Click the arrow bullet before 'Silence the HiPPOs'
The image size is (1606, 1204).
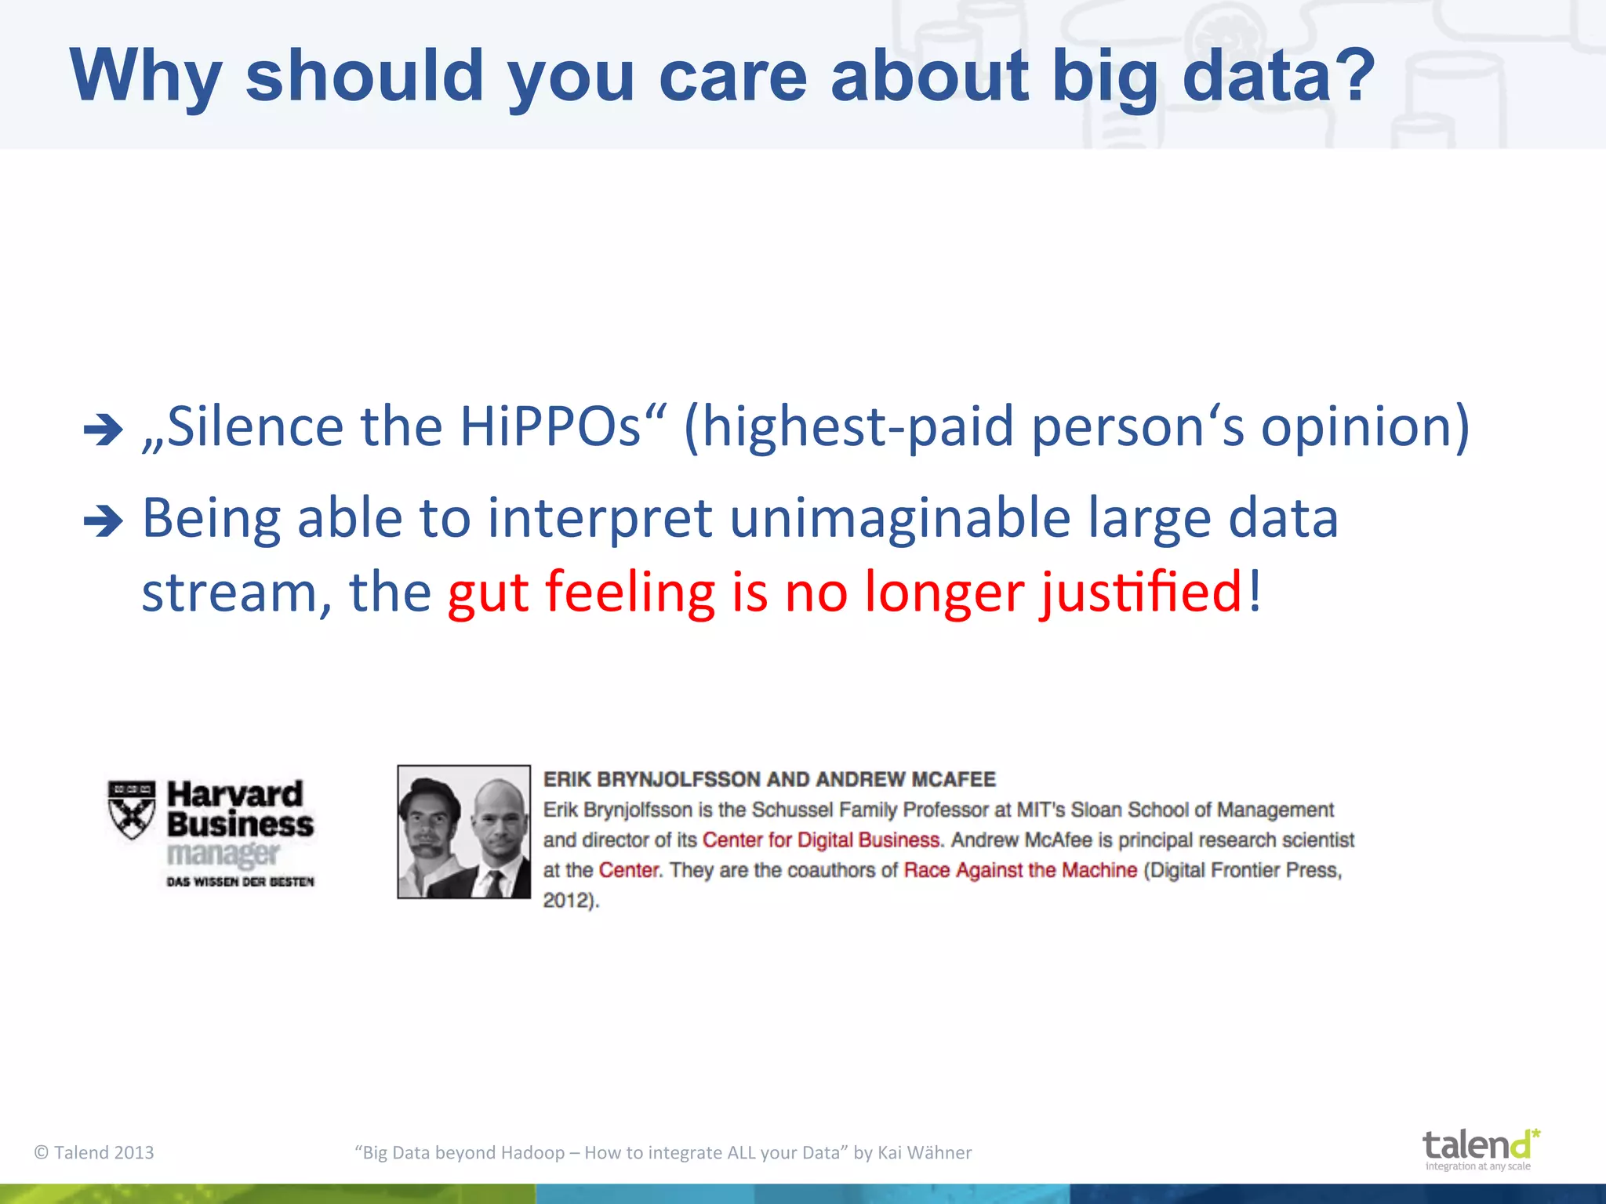point(104,430)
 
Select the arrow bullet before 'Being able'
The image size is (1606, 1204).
point(104,521)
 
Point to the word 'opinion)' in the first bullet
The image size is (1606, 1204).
point(1364,427)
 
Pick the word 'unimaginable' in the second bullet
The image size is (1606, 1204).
point(899,519)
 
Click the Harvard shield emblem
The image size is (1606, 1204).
point(132,809)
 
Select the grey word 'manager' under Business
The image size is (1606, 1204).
point(223,854)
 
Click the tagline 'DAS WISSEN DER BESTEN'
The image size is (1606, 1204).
point(240,882)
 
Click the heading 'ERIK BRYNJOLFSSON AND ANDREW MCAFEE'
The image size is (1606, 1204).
point(769,779)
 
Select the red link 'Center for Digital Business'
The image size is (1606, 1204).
point(820,840)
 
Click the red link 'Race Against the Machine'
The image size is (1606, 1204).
point(1019,870)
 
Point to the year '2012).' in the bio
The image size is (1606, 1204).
point(571,901)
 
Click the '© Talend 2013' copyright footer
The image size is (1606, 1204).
point(94,1152)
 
